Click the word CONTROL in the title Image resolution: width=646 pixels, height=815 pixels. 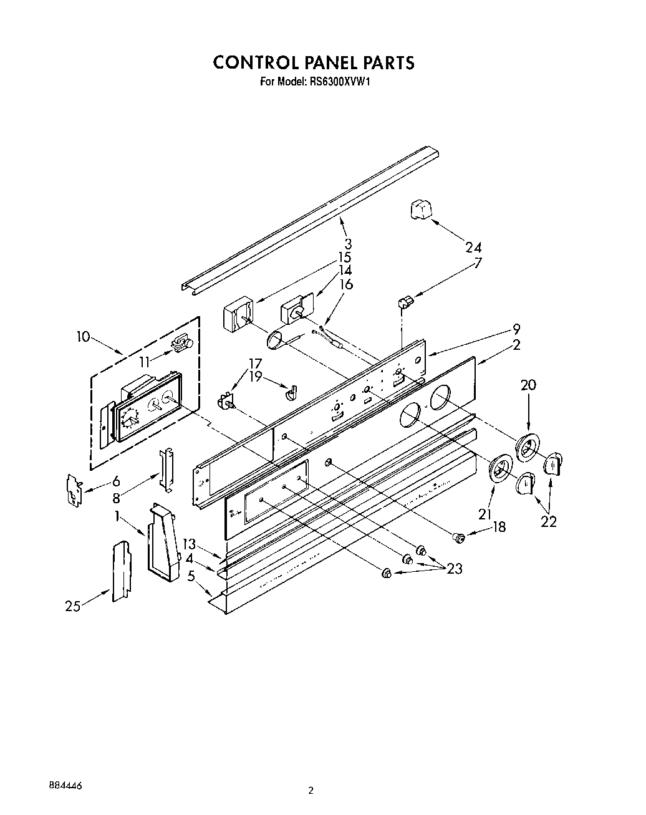click(254, 62)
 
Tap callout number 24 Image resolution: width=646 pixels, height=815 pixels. click(473, 247)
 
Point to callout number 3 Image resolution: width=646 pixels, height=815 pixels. click(347, 244)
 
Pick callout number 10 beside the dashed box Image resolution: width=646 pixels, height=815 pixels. click(83, 337)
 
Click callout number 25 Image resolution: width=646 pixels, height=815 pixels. click(73, 605)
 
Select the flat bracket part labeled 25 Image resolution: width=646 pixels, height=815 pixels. click(122, 571)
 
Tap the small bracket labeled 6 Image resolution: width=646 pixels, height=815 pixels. click(75, 488)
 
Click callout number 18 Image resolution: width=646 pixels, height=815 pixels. click(498, 527)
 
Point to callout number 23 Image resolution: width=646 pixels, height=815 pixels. click(455, 568)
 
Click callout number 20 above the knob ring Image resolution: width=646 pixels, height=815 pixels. click(528, 385)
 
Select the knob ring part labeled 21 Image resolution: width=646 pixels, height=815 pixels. click(500, 469)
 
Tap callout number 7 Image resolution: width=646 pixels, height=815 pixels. click(478, 263)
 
